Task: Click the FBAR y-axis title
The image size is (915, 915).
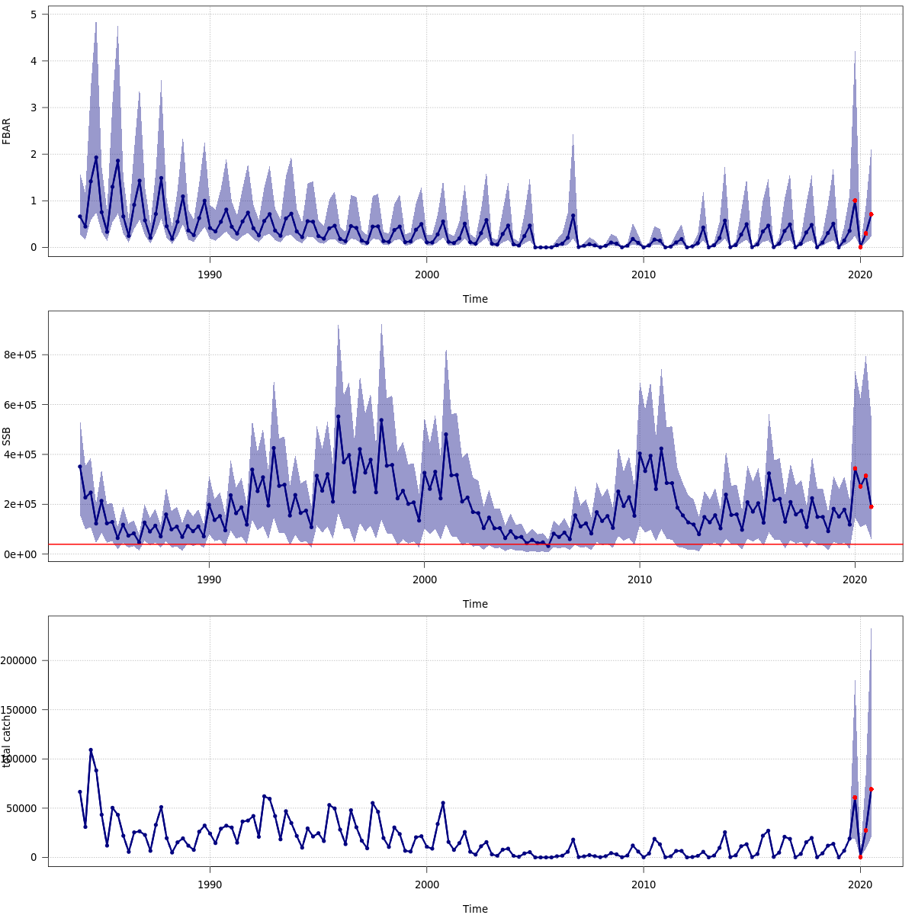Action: [7, 130]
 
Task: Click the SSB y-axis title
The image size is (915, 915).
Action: [7, 436]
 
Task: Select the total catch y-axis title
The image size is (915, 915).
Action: [7, 741]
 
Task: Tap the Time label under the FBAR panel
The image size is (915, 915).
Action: [475, 299]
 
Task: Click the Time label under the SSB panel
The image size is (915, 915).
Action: [475, 604]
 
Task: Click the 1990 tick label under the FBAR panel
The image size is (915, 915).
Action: [210, 274]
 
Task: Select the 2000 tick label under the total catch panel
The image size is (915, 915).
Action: [426, 884]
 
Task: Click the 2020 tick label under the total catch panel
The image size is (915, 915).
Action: [860, 884]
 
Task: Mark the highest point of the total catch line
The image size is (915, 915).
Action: [91, 750]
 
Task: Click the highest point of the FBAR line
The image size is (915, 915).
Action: [96, 158]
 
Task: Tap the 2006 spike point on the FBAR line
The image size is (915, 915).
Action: [573, 216]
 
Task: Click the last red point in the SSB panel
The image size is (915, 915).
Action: [871, 506]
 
